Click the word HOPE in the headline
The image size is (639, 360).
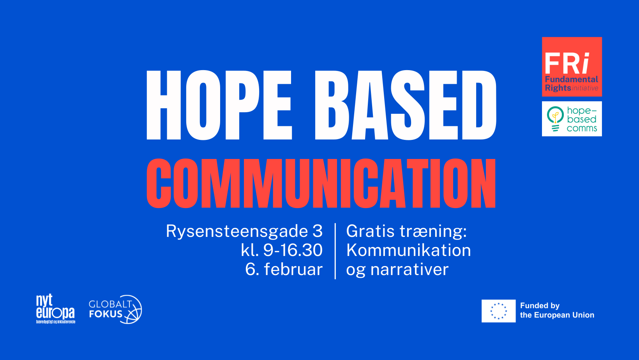219,105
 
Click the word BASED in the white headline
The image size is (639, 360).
405,105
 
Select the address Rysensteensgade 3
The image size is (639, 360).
244,231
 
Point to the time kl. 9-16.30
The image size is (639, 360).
282,250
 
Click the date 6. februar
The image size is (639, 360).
284,269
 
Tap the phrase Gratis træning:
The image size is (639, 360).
406,231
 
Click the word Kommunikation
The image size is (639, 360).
408,250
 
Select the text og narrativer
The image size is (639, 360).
397,270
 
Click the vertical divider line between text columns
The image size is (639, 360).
335,251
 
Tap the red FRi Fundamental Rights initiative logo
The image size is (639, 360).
572,67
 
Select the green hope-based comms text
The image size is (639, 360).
582,119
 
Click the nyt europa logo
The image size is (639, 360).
55,309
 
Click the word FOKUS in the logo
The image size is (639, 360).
106,314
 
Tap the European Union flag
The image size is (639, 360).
498,311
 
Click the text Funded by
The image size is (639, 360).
540,306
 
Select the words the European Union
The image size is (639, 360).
557,315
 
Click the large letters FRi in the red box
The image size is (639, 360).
567,64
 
